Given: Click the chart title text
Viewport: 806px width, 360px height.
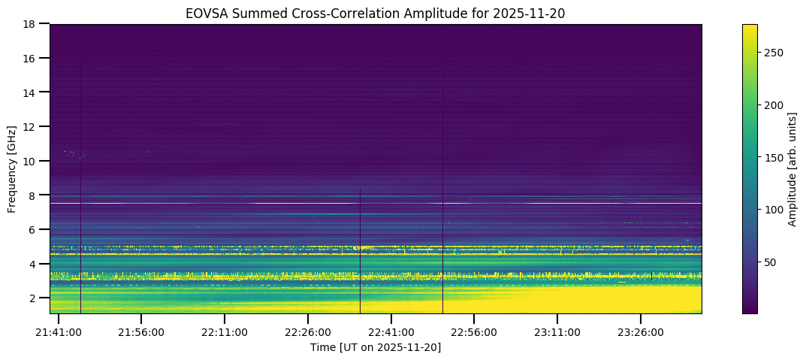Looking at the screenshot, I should click(x=376, y=12).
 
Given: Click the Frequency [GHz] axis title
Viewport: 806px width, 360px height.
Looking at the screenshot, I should click(x=13, y=169).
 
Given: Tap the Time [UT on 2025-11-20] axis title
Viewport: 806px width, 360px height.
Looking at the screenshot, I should click(x=376, y=347).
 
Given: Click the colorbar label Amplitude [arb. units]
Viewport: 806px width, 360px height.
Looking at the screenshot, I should click(x=792, y=169).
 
